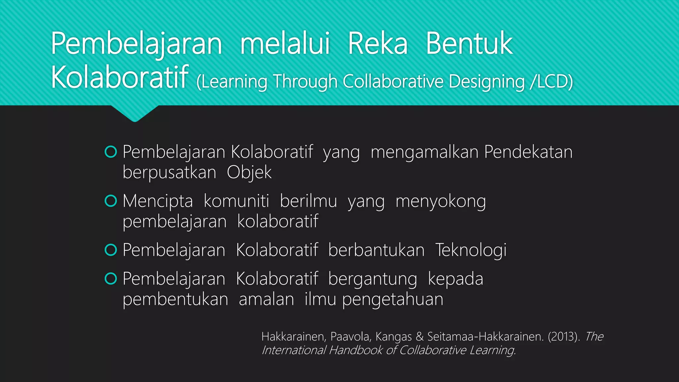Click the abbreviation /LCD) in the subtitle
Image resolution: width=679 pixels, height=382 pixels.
[x=551, y=82]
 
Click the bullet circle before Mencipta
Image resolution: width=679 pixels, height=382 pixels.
[x=111, y=201]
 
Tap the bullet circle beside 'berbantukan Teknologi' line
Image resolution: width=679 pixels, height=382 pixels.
[x=111, y=250]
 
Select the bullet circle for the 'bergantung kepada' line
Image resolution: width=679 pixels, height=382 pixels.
[x=111, y=279]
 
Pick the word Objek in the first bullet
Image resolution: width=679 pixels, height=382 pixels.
[x=249, y=172]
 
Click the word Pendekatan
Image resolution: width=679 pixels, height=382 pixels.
[x=528, y=152]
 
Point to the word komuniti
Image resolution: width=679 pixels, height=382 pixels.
[x=236, y=201]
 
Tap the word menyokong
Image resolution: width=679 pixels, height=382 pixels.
[x=441, y=202]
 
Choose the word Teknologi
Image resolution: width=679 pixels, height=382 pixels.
[x=471, y=250]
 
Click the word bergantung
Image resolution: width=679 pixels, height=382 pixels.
[x=373, y=279]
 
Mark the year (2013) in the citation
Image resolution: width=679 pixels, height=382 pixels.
[x=564, y=337]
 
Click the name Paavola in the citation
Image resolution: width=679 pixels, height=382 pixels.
[x=350, y=337]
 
